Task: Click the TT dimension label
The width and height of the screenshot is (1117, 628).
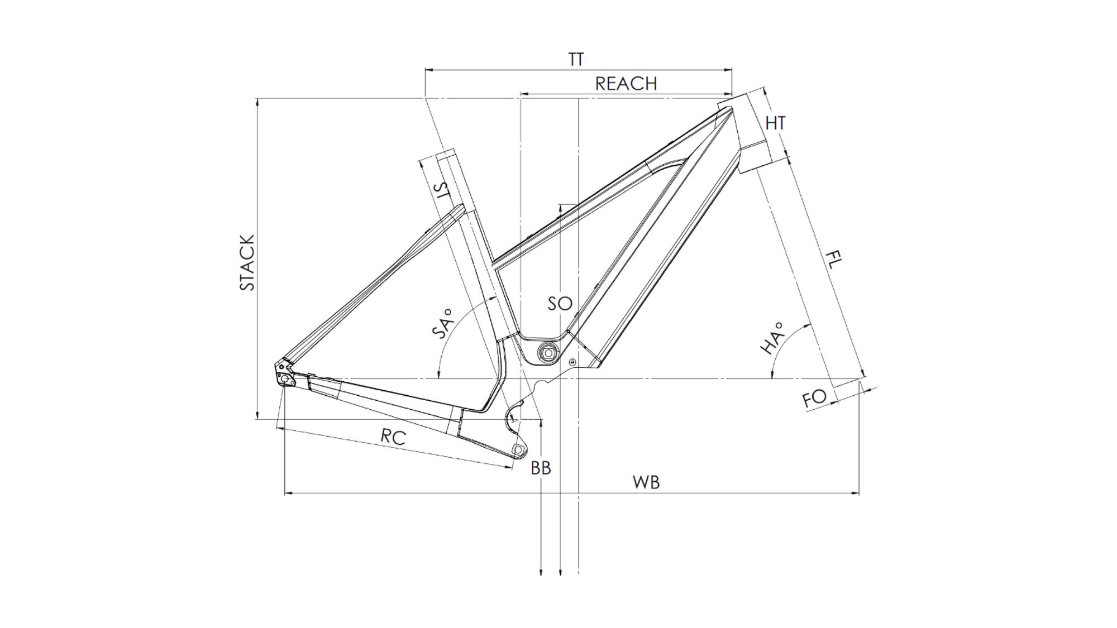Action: (576, 59)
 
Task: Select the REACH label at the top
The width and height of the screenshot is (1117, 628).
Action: (626, 84)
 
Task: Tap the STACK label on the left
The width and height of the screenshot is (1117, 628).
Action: (247, 262)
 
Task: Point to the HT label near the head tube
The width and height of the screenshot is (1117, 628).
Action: (776, 123)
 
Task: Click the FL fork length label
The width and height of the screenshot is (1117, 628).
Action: (833, 260)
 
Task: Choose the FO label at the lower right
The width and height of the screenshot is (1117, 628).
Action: (814, 399)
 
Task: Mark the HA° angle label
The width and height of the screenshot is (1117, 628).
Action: (772, 338)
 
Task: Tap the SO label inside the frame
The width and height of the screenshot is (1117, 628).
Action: (560, 304)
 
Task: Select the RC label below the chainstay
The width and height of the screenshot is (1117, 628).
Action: (393, 437)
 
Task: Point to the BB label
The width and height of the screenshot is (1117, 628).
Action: (541, 468)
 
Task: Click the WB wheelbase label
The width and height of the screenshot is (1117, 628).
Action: (646, 482)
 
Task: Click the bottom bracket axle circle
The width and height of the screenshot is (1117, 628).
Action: (548, 353)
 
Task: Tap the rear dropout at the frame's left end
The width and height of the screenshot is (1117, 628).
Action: (285, 375)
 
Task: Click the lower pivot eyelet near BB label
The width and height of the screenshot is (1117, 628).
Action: (518, 449)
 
